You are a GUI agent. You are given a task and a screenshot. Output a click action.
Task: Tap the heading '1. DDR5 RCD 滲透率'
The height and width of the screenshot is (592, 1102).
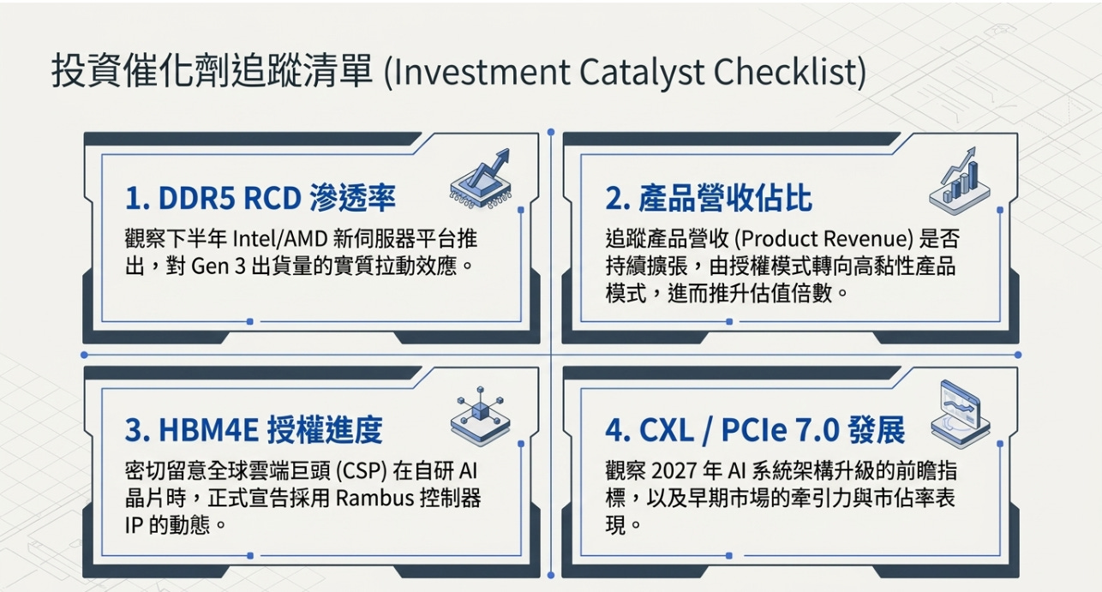coord(261,198)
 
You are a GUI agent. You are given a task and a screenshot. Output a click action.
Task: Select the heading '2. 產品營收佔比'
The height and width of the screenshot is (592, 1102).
coord(709,198)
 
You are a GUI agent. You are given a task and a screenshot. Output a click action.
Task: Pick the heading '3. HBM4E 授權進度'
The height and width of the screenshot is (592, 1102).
coord(254,430)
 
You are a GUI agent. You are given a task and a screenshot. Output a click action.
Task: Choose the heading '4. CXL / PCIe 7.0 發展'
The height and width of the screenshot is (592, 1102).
coord(755,430)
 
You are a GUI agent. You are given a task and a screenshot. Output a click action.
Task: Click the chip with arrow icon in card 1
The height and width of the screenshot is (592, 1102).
coord(481,179)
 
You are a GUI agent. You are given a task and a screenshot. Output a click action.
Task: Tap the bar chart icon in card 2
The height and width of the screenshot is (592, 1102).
coord(959,181)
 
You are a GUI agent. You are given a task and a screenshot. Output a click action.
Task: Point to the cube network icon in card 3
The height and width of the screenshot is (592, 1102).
coord(480,416)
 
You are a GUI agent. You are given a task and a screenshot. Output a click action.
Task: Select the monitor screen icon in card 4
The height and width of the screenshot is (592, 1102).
coord(960,414)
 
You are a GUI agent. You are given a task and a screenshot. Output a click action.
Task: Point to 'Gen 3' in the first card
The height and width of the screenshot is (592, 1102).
coord(218,266)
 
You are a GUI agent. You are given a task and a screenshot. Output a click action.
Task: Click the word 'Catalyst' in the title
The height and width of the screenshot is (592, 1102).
coord(642,73)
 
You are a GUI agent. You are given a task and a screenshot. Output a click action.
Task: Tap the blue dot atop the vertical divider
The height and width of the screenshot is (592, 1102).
coord(551,132)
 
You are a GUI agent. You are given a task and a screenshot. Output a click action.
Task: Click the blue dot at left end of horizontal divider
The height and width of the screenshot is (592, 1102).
coord(84,355)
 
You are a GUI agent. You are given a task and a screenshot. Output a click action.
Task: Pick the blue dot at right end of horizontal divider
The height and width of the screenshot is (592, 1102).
coord(1018,355)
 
